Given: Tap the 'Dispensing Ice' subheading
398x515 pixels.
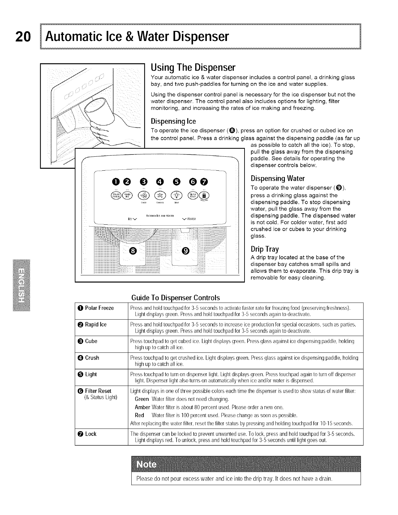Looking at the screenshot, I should pos(173,121).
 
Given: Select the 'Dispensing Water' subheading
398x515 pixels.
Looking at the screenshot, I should pos(278,178).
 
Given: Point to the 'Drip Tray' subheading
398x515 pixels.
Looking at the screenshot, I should pos(265,249).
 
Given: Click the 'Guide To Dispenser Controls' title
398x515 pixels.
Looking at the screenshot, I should pos(176,298).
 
